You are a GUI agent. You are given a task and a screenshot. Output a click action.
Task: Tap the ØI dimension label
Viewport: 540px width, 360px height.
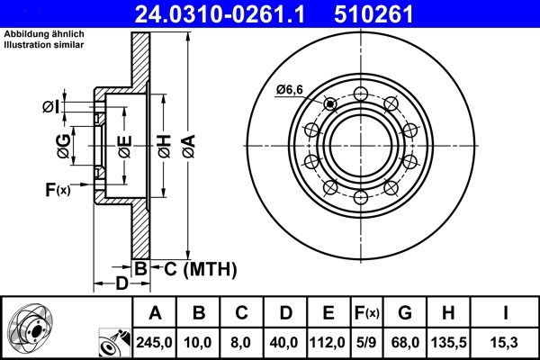coord(51,107)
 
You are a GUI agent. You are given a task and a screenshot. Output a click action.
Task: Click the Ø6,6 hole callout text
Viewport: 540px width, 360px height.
coord(291,88)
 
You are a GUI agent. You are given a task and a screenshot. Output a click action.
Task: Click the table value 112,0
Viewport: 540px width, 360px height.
coord(328,343)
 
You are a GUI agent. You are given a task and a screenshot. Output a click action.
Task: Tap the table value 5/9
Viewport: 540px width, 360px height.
coord(366,343)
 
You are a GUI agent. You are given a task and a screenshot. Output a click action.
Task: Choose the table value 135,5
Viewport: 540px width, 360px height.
coord(448,343)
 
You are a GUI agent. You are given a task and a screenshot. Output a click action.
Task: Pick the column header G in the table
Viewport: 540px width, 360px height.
coord(405,313)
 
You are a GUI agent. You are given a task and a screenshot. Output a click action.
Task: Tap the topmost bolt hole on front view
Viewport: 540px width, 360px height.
coord(360,93)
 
